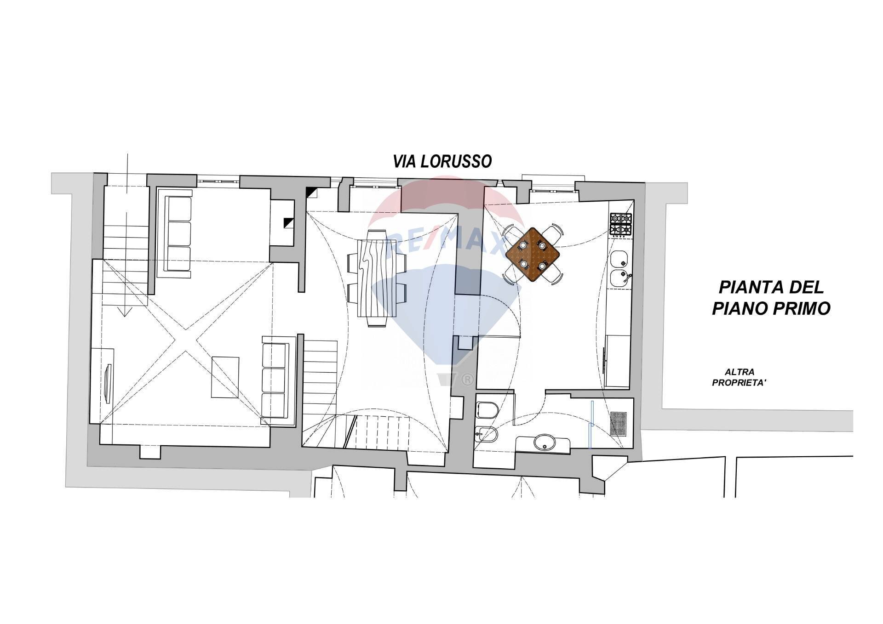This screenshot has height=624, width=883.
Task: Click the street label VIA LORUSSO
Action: point(442,161)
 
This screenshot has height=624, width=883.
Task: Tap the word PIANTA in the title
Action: point(745,288)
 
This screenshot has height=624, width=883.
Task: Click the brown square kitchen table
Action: point(533,255)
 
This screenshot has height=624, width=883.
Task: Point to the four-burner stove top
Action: point(620,225)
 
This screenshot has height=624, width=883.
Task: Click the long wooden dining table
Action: point(377,278)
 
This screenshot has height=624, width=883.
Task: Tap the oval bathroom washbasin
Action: point(545,443)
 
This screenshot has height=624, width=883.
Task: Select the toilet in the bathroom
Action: point(486,408)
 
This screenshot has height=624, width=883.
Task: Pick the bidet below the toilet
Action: point(486,434)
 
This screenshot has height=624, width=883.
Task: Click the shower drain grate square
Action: point(619,423)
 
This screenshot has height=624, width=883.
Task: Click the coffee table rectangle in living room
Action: point(225,377)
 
